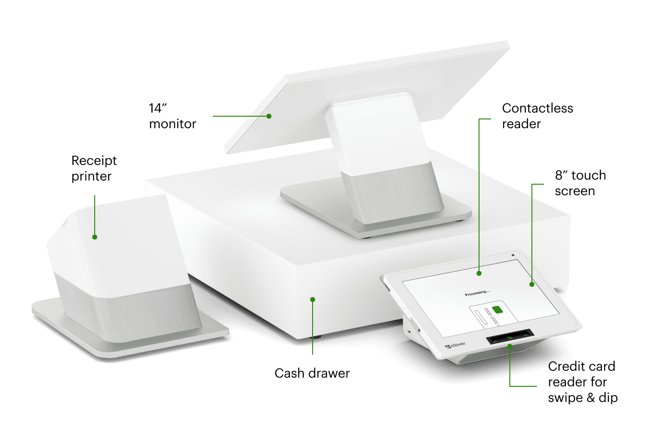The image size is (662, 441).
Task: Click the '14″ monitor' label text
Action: [172, 116]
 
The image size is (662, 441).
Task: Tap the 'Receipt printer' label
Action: [94, 169]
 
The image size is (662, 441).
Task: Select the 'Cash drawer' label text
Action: [312, 373]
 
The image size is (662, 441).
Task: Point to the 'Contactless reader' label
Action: [537, 116]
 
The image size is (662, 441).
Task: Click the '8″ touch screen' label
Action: [580, 183]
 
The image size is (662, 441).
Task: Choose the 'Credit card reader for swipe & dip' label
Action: [582, 382]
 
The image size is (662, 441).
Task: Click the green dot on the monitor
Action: [269, 116]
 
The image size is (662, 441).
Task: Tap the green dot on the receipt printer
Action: [95, 237]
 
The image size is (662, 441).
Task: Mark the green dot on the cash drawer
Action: [313, 300]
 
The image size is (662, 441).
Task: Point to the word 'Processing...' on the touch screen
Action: [477, 293]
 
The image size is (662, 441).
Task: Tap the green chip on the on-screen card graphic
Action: [497, 310]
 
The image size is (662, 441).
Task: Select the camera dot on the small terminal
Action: [513, 255]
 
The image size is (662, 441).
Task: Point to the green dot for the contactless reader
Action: [479, 273]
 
